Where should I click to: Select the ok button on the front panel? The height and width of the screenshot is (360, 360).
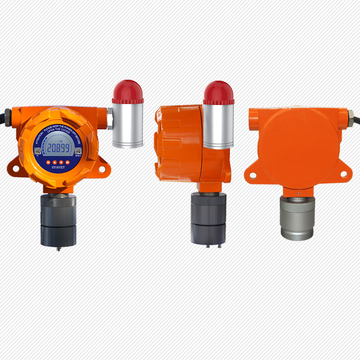tap(68, 162)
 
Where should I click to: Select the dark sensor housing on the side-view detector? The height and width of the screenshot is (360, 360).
tap(208, 218)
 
